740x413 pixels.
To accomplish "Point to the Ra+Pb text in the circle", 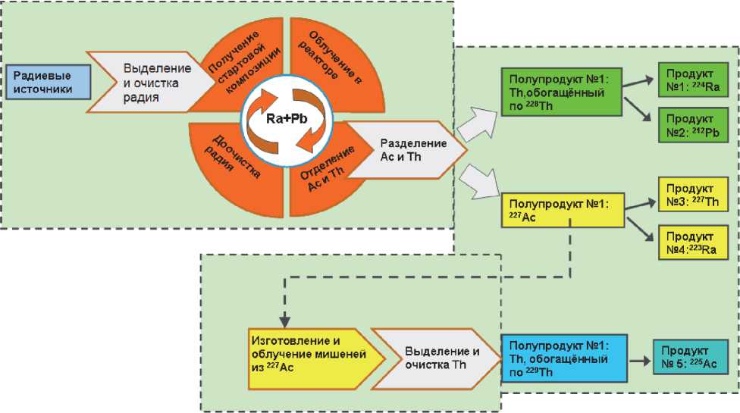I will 281,117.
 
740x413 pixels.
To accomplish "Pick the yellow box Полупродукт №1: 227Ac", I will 562,210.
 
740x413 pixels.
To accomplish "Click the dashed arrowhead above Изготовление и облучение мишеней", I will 284,320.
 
